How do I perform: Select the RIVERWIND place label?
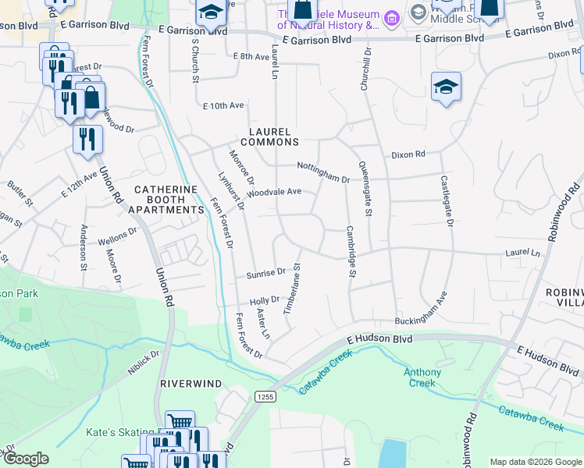pyautogui.click(x=191, y=384)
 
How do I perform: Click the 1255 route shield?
pyautogui.click(x=263, y=397)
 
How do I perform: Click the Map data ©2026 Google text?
pyautogui.click(x=535, y=462)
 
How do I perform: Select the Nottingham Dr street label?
pyautogui.click(x=322, y=172)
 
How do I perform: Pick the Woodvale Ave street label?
pyautogui.click(x=274, y=192)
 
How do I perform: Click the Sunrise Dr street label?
pyautogui.click(x=265, y=274)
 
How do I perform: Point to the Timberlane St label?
pyautogui.click(x=291, y=288)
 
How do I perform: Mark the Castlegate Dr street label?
pyautogui.click(x=447, y=201)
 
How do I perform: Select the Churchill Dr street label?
pyautogui.click(x=364, y=69)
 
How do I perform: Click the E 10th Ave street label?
pyautogui.click(x=223, y=105)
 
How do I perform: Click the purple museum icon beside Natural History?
pyautogui.click(x=393, y=16)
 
